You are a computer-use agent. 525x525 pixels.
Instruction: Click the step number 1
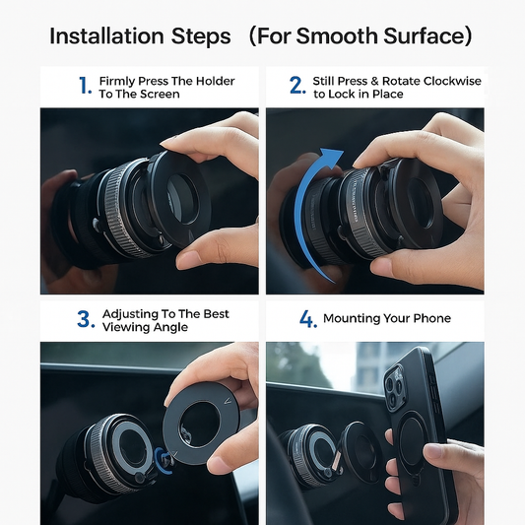click(x=85, y=86)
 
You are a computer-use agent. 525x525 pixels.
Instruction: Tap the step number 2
click(x=297, y=86)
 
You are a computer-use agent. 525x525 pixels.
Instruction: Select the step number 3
click(x=85, y=320)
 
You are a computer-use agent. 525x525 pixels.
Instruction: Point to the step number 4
click(x=307, y=320)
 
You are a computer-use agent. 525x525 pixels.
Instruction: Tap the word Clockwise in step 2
click(x=450, y=80)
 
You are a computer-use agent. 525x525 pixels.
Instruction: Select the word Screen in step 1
click(x=160, y=94)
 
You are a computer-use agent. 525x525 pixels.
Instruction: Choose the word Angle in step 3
click(x=169, y=327)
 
